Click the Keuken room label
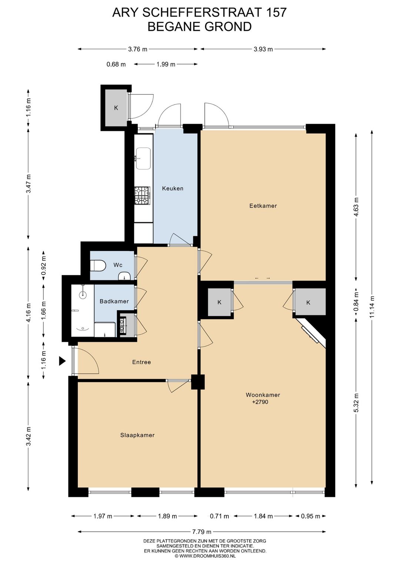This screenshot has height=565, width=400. [173, 188]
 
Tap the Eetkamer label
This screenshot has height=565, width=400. [263, 206]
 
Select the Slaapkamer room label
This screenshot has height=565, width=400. [137, 435]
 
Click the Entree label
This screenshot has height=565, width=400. [141, 362]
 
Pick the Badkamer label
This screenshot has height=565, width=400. [114, 301]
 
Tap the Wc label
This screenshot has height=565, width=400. [118, 265]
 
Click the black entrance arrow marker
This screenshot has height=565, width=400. [62, 361]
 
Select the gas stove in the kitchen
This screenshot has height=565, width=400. [143, 196]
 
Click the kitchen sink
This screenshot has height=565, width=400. [143, 158]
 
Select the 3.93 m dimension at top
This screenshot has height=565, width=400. [263, 49]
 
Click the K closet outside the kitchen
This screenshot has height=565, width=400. [116, 108]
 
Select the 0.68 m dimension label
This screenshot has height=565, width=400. [116, 64]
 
